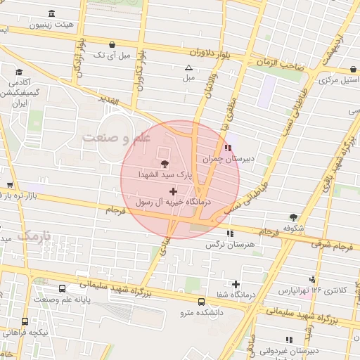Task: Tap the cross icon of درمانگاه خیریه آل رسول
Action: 174,191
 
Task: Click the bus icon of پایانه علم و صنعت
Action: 63,288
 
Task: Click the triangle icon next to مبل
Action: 188,68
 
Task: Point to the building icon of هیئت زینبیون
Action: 52,14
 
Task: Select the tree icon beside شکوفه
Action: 292,218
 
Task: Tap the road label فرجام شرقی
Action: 340,245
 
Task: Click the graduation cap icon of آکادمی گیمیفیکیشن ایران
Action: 19,72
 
